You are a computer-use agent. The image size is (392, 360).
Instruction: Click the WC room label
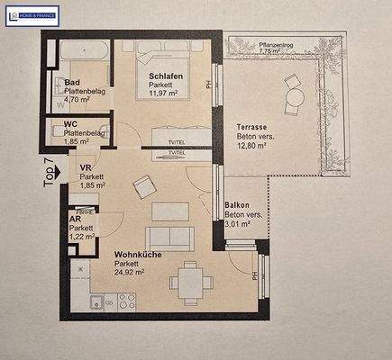tap(69, 124)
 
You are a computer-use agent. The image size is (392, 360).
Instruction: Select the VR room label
tap(87, 168)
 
